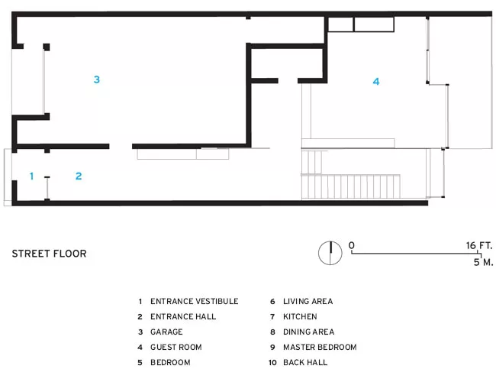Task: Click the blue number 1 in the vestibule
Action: point(31,176)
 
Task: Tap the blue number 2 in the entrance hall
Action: point(79,176)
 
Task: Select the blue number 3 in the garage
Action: point(97,79)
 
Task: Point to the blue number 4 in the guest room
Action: point(375,82)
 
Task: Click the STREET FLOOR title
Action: point(49,254)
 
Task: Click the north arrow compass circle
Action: point(330,253)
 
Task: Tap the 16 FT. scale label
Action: point(479,245)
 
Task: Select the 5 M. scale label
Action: point(483,262)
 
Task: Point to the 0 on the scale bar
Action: point(352,245)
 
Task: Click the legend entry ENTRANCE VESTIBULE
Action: point(195,301)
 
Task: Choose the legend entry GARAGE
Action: point(166,332)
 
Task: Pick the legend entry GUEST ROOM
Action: point(176,347)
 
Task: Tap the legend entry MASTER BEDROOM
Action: point(320,347)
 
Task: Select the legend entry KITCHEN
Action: point(300,316)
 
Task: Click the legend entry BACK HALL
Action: point(305,362)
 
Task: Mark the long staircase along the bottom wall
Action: point(350,186)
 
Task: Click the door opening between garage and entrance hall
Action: point(121,147)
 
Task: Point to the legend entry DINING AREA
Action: point(309,332)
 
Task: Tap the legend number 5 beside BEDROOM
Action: point(140,362)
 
